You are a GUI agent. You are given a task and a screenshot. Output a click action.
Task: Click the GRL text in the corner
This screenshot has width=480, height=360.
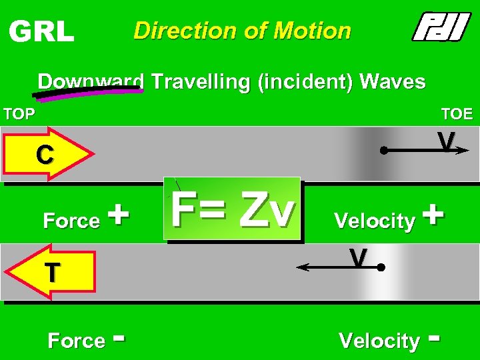[41, 31]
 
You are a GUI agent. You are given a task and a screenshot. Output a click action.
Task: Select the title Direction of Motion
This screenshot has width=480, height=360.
[242, 31]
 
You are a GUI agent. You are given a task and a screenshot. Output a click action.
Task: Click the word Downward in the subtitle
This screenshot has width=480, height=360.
[91, 81]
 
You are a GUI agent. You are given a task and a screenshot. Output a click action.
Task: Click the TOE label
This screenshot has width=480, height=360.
[457, 114]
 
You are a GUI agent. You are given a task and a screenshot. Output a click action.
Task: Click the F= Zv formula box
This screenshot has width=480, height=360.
[232, 209]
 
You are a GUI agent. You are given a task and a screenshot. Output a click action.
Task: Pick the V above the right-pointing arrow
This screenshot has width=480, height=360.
[446, 140]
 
